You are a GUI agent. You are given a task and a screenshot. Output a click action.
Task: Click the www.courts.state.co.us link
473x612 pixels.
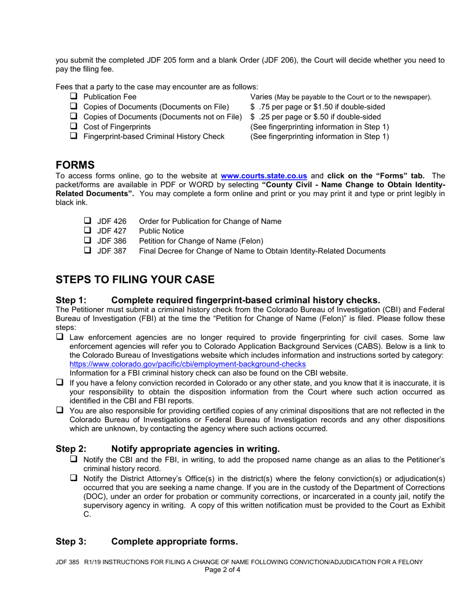tap(263, 176)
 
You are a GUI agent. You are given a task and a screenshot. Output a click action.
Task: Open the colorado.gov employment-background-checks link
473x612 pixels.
tap(188, 364)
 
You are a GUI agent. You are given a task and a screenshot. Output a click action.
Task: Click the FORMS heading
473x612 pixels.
tap(75, 165)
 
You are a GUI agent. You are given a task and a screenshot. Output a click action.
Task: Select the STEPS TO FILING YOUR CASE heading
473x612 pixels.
tap(135, 280)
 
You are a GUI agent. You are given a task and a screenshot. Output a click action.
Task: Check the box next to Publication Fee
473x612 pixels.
tap(74, 97)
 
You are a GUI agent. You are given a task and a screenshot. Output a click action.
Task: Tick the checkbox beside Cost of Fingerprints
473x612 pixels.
tap(74, 126)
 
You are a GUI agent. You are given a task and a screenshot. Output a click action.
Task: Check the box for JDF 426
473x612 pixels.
tap(88, 221)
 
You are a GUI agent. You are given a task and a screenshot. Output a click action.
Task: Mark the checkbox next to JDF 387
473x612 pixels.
tap(88, 251)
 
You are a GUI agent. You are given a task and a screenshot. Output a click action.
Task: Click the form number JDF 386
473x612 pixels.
tap(112, 241)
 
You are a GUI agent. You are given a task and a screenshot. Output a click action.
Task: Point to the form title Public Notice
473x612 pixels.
tap(161, 231)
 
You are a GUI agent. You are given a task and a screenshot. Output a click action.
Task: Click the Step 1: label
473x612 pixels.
tap(71, 300)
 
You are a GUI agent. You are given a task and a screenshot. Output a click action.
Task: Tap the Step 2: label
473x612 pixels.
tap(71, 448)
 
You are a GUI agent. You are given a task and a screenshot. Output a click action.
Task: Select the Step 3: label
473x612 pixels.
tap(71, 541)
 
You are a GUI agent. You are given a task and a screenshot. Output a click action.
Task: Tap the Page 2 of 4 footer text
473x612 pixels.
tap(223, 570)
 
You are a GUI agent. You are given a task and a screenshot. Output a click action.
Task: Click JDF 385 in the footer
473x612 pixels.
tap(67, 562)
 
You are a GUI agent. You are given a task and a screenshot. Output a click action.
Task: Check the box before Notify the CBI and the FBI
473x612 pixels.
tap(74, 459)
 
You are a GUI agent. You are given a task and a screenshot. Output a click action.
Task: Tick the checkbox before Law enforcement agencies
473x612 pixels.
tap(60, 337)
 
